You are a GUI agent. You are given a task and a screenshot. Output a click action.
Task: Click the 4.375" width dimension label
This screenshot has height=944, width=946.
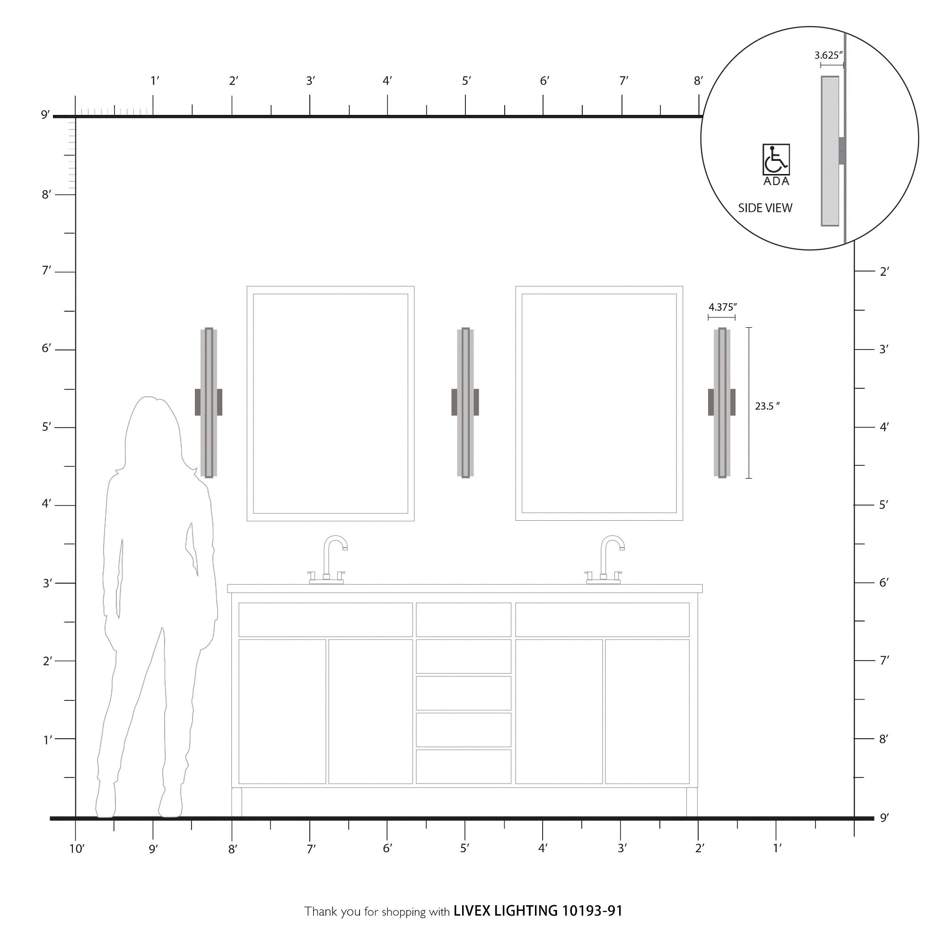[x=723, y=307]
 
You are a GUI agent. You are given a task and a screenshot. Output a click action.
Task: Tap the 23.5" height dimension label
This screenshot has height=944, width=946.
[x=767, y=406]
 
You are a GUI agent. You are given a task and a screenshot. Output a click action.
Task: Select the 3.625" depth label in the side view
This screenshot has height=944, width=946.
[x=829, y=55]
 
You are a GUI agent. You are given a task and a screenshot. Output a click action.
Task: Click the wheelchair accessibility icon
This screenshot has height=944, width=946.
[x=776, y=159]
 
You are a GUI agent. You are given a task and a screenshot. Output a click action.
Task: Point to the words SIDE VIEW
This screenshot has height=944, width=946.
[x=765, y=208]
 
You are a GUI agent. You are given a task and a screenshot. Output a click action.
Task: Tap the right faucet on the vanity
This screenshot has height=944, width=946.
[x=604, y=559]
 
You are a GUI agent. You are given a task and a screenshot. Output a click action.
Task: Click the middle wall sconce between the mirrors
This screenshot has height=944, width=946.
[x=465, y=402]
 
